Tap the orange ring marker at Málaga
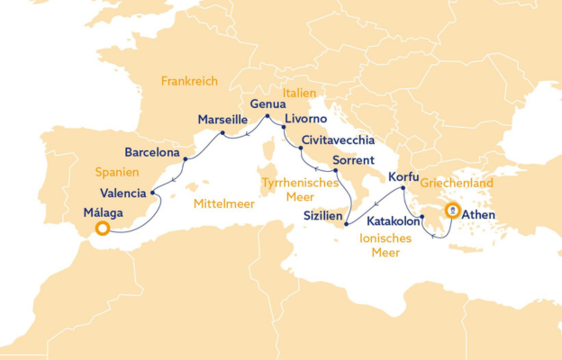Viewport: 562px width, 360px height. [x=103, y=229]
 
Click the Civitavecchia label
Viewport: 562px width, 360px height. [x=340, y=140]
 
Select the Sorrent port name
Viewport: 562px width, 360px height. [x=354, y=161]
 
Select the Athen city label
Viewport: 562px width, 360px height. [x=476, y=215]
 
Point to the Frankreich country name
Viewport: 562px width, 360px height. [x=191, y=81]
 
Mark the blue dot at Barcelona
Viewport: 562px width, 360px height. [x=186, y=160]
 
